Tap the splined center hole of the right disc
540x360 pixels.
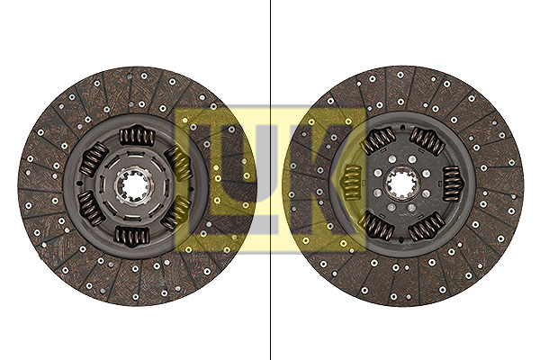(x=401, y=184)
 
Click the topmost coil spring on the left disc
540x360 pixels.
(x=137, y=135)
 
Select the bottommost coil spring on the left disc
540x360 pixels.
(x=132, y=236)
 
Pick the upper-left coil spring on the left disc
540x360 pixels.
(x=94, y=159)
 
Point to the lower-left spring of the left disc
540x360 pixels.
(x=91, y=208)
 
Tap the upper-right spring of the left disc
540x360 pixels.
(x=177, y=163)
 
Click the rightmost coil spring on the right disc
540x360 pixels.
(x=452, y=184)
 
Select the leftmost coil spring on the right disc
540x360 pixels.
(x=351, y=183)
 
